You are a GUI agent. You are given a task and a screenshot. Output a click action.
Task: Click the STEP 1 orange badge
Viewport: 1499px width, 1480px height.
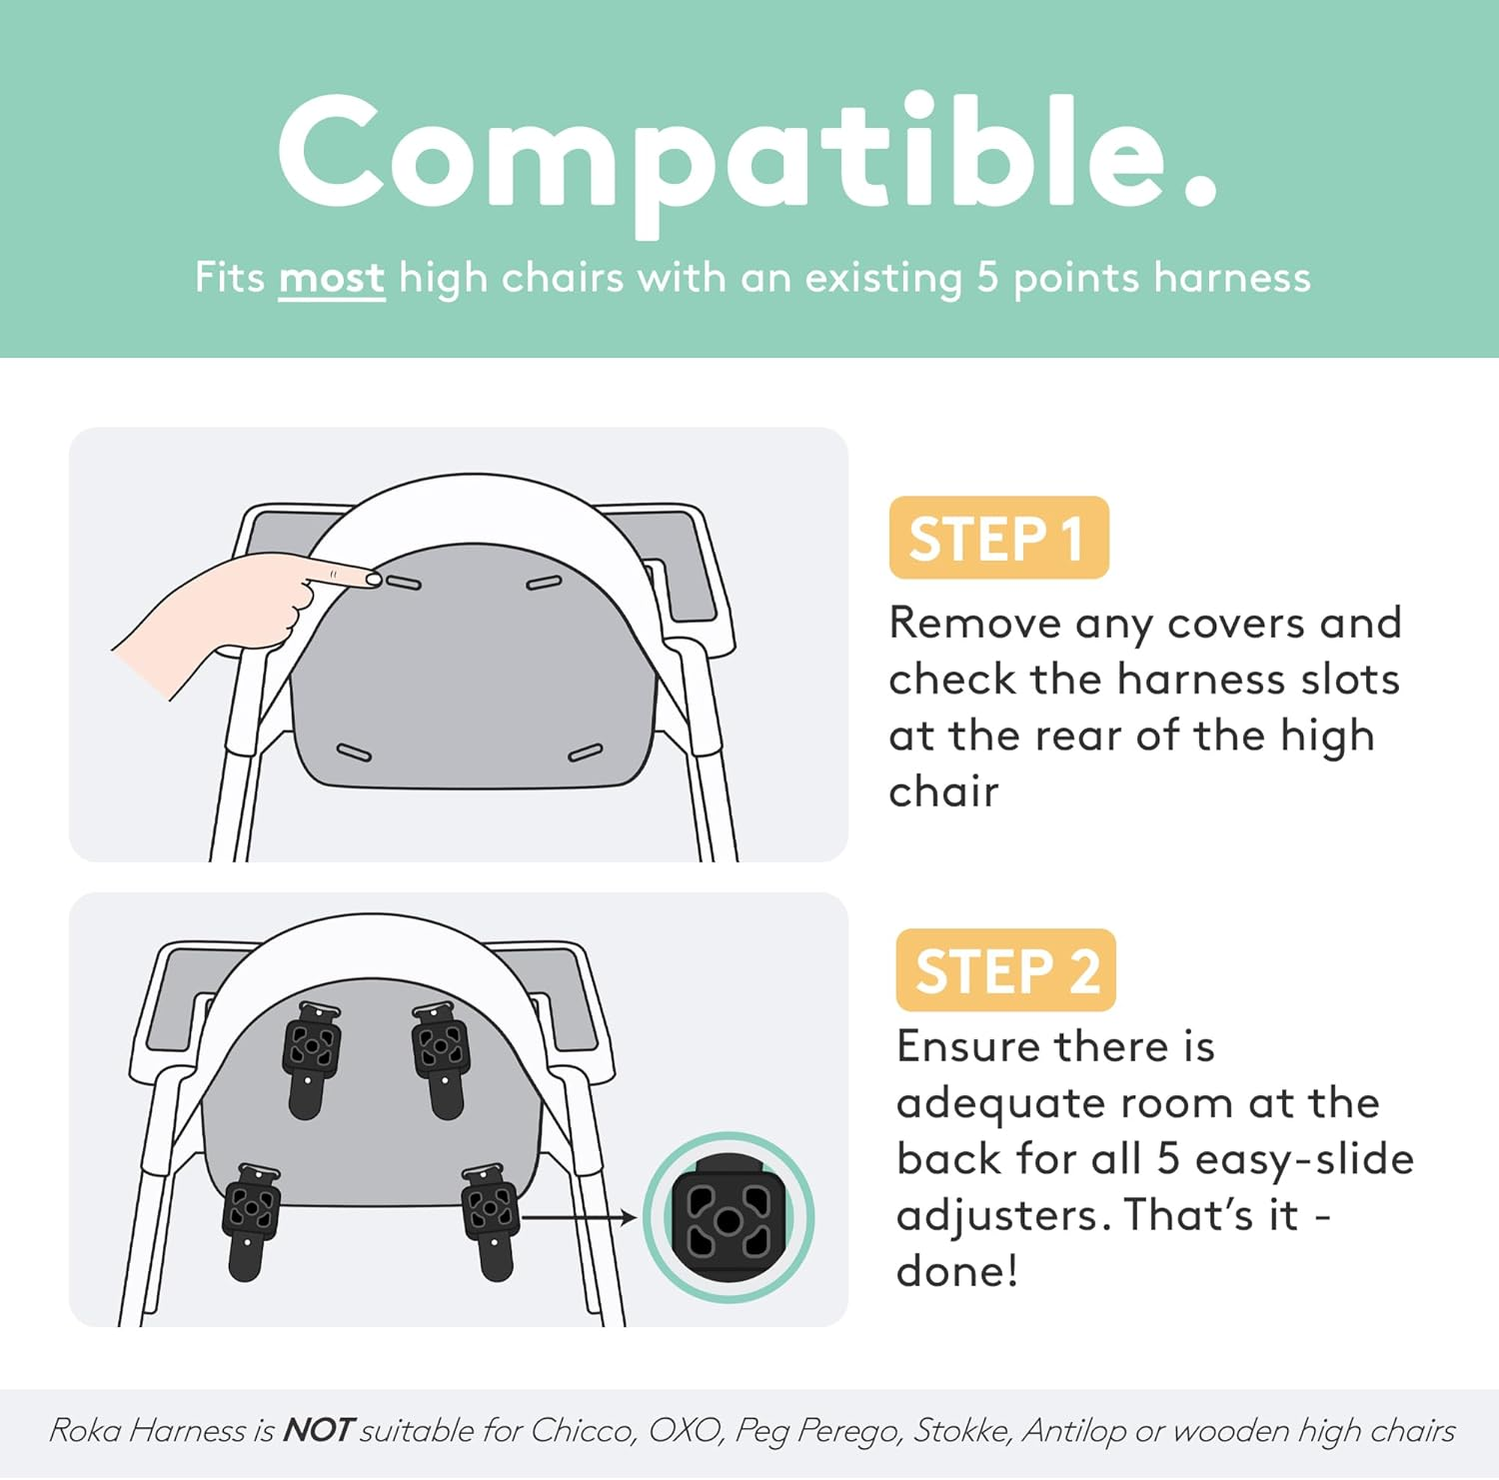[x=998, y=538]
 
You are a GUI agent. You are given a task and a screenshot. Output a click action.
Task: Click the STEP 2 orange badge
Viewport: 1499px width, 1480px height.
[x=1005, y=970]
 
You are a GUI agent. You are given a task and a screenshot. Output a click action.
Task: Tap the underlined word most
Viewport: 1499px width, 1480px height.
[x=331, y=278]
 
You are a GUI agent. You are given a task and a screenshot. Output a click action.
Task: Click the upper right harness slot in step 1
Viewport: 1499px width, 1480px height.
[x=544, y=582]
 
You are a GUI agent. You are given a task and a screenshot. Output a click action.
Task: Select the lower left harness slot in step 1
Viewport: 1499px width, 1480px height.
[x=354, y=752]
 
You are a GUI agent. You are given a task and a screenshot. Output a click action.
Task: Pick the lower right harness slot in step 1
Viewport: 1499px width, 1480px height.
[x=585, y=752]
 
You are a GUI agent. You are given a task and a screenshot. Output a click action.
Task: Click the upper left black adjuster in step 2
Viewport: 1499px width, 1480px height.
[x=311, y=1057]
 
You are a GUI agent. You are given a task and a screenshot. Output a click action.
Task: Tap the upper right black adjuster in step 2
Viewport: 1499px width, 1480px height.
[x=440, y=1057]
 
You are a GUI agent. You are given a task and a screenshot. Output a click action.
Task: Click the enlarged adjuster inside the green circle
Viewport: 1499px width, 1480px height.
[x=728, y=1218]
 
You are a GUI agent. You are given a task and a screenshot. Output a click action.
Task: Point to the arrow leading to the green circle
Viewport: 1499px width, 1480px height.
[x=580, y=1217]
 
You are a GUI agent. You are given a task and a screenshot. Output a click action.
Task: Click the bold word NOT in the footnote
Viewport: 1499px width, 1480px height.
[x=317, y=1430]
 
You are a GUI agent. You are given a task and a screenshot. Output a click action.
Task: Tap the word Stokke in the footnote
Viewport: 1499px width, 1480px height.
[x=962, y=1430]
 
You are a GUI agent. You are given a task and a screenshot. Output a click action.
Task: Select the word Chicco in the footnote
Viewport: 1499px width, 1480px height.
[x=583, y=1430]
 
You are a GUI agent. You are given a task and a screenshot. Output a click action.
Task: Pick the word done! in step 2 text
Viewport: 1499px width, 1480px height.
[x=956, y=1271]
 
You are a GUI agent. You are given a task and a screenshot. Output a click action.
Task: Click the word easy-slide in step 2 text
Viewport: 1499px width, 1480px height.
[x=1304, y=1159]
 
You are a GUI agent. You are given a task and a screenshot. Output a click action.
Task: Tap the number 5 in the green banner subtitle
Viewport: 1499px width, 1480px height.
[x=987, y=278]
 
